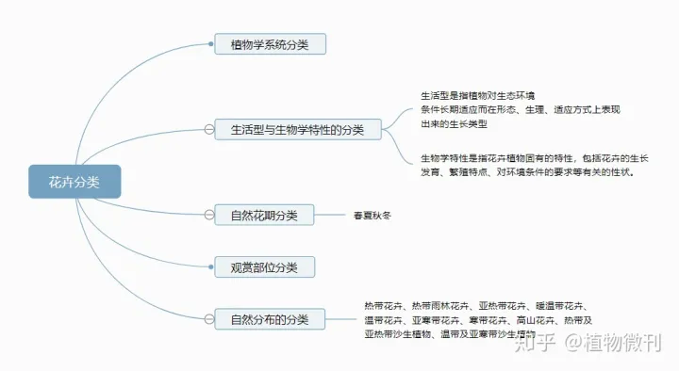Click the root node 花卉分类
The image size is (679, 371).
[x=75, y=182]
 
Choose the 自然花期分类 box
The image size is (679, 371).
[x=264, y=216]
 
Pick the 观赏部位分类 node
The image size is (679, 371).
[x=264, y=267]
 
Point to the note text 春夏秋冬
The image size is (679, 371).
[x=372, y=216]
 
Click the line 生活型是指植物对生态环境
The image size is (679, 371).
[x=477, y=96]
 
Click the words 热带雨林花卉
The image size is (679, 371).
[x=439, y=306]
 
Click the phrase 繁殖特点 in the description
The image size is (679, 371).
[x=477, y=172]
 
